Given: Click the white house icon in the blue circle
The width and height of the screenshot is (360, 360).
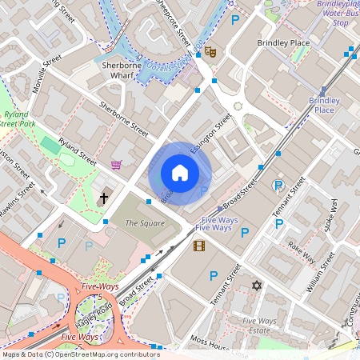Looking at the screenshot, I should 180,173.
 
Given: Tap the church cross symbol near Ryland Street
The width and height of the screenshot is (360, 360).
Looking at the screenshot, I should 103,198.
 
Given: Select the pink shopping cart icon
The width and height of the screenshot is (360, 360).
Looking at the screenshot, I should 117,165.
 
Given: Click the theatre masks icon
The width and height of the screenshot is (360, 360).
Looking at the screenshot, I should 210,52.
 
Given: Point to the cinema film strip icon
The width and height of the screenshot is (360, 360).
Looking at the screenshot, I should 199,246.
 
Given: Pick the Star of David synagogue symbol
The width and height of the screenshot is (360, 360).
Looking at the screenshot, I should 257,286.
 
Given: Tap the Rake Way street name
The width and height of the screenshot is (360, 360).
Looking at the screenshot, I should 302,253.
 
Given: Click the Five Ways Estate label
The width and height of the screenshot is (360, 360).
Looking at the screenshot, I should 257,325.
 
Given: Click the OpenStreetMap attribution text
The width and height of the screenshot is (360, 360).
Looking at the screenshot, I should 81,354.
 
